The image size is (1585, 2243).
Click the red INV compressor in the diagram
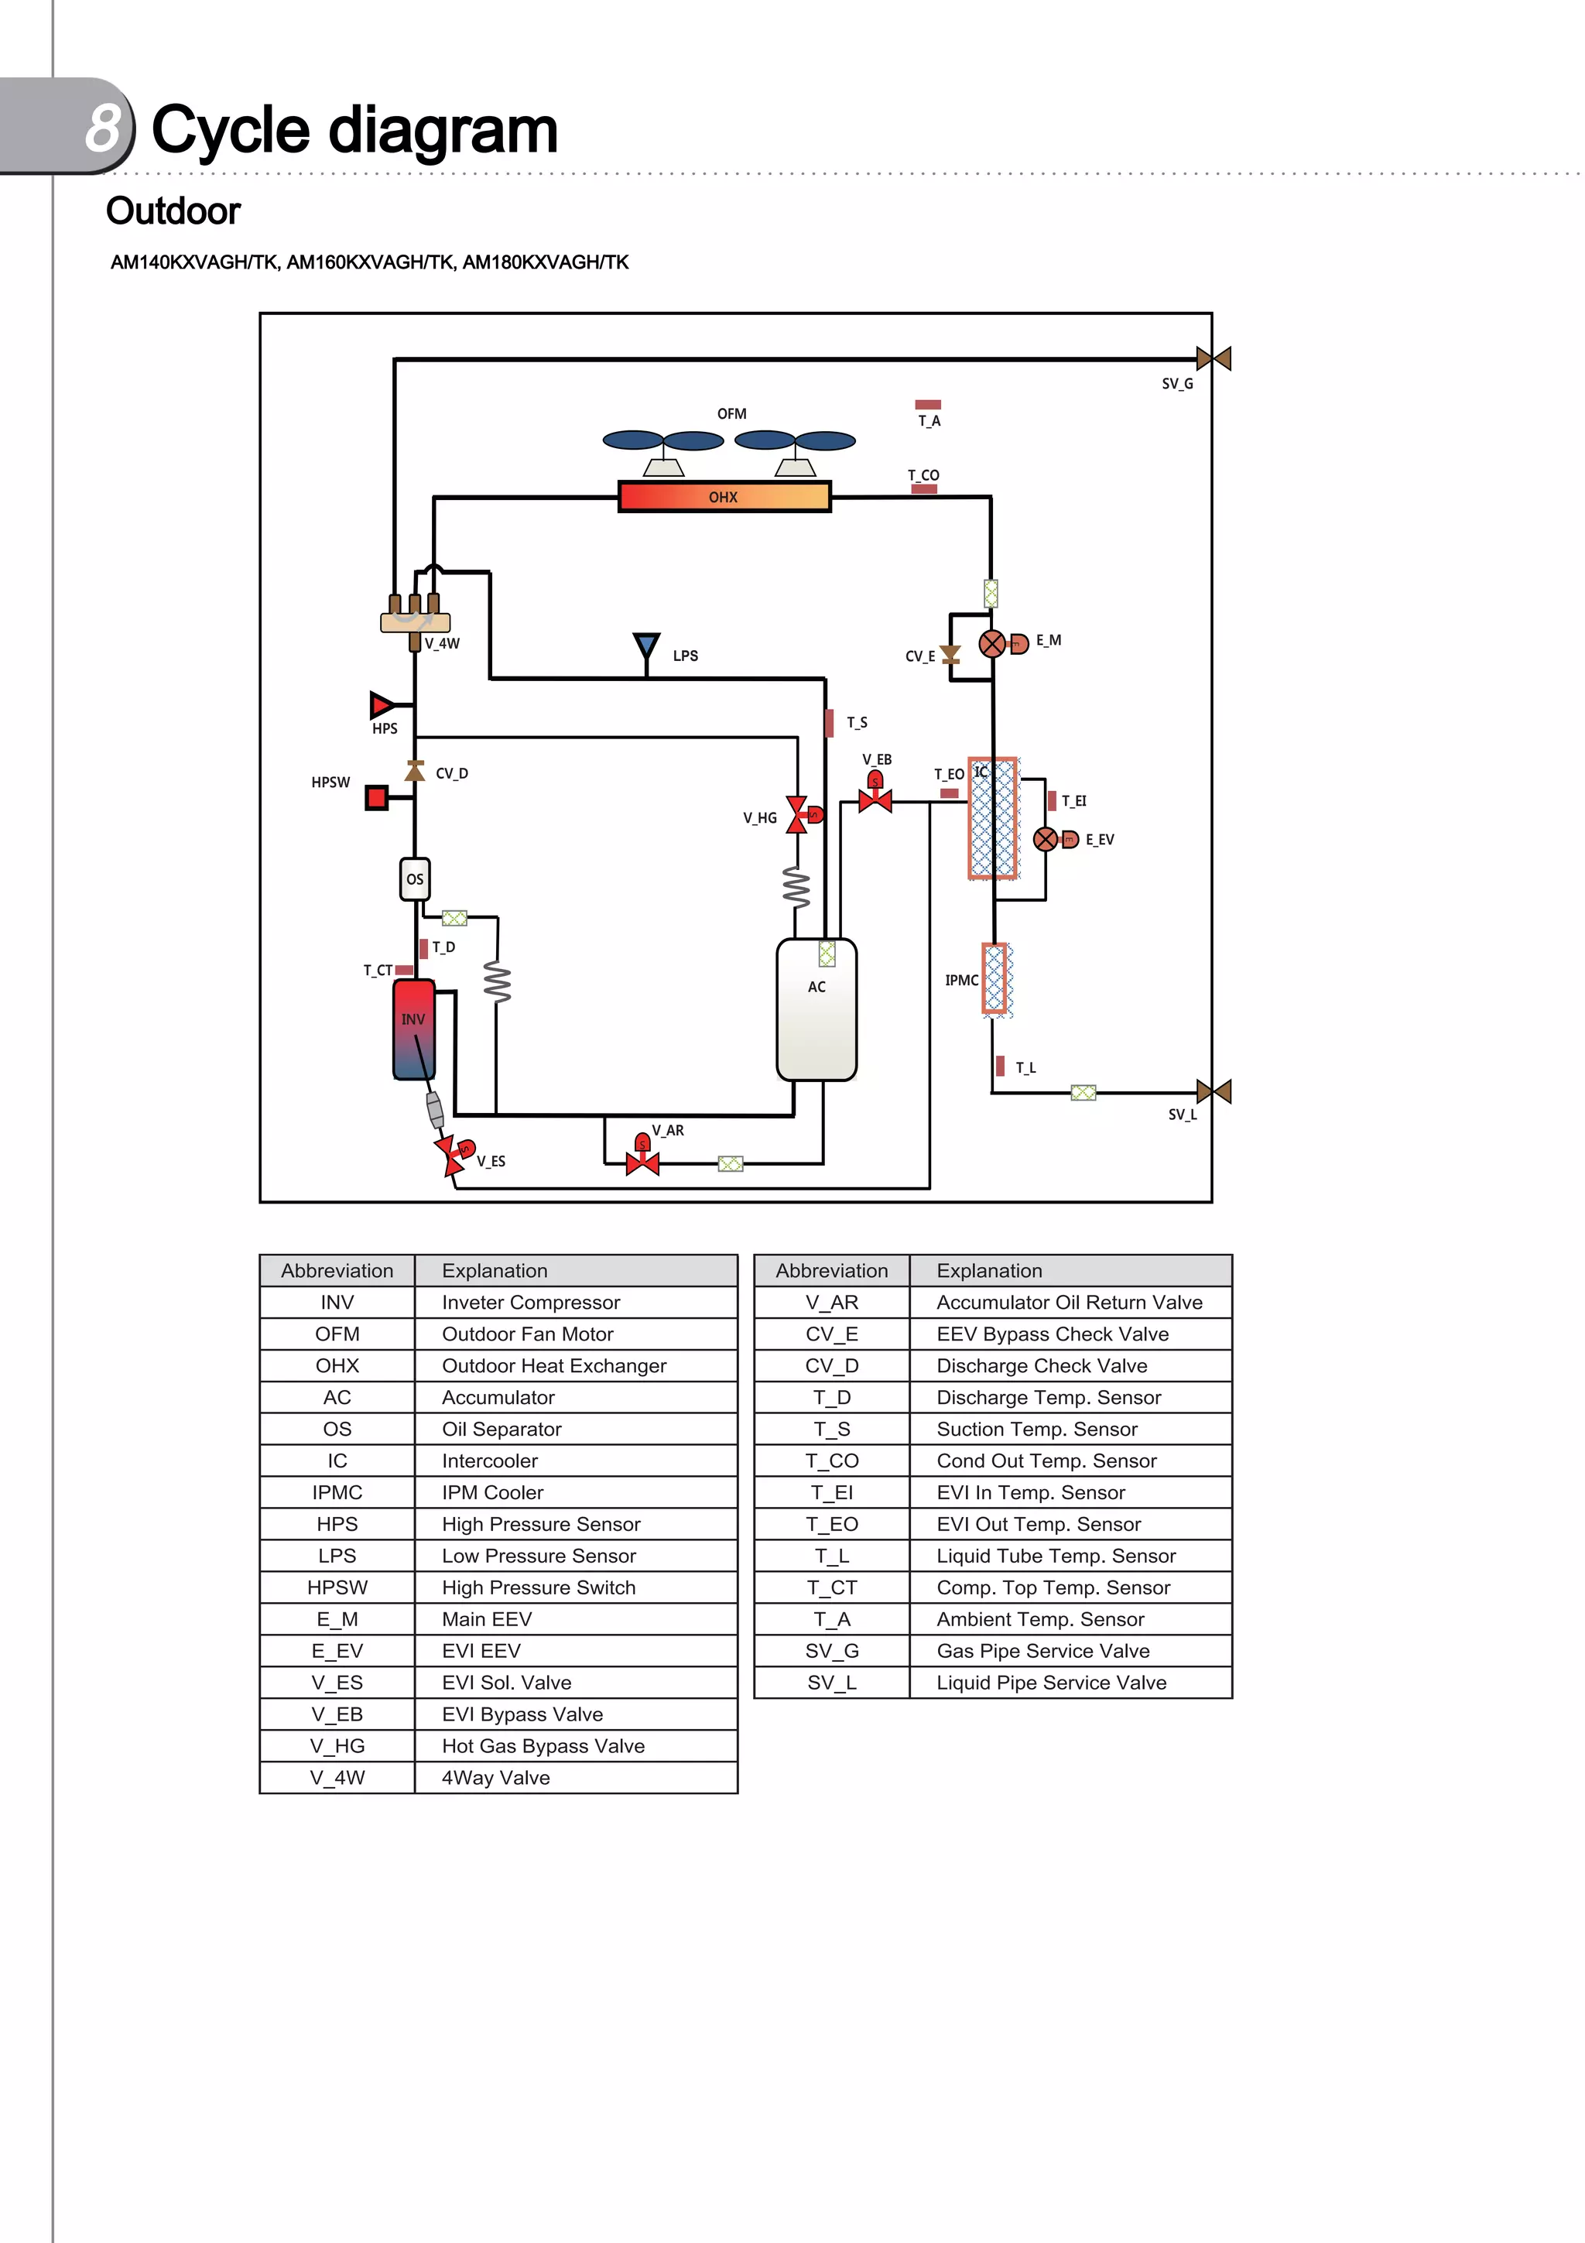[413, 1029]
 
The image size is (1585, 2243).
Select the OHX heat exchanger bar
[724, 496]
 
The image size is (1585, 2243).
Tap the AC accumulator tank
[816, 1010]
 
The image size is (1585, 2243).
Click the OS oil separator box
[415, 878]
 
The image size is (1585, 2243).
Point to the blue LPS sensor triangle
[645, 646]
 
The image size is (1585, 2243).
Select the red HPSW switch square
[376, 798]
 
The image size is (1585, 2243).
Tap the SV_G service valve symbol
[1213, 358]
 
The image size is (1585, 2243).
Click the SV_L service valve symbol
[1213, 1091]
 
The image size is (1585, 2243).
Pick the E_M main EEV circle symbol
[992, 644]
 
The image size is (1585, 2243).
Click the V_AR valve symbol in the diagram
[642, 1163]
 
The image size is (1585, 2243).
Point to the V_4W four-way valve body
[415, 622]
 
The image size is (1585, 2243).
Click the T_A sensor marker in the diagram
[928, 405]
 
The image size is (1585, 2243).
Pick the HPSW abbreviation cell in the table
[337, 1587]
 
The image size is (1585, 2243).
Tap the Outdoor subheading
[173, 211]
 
